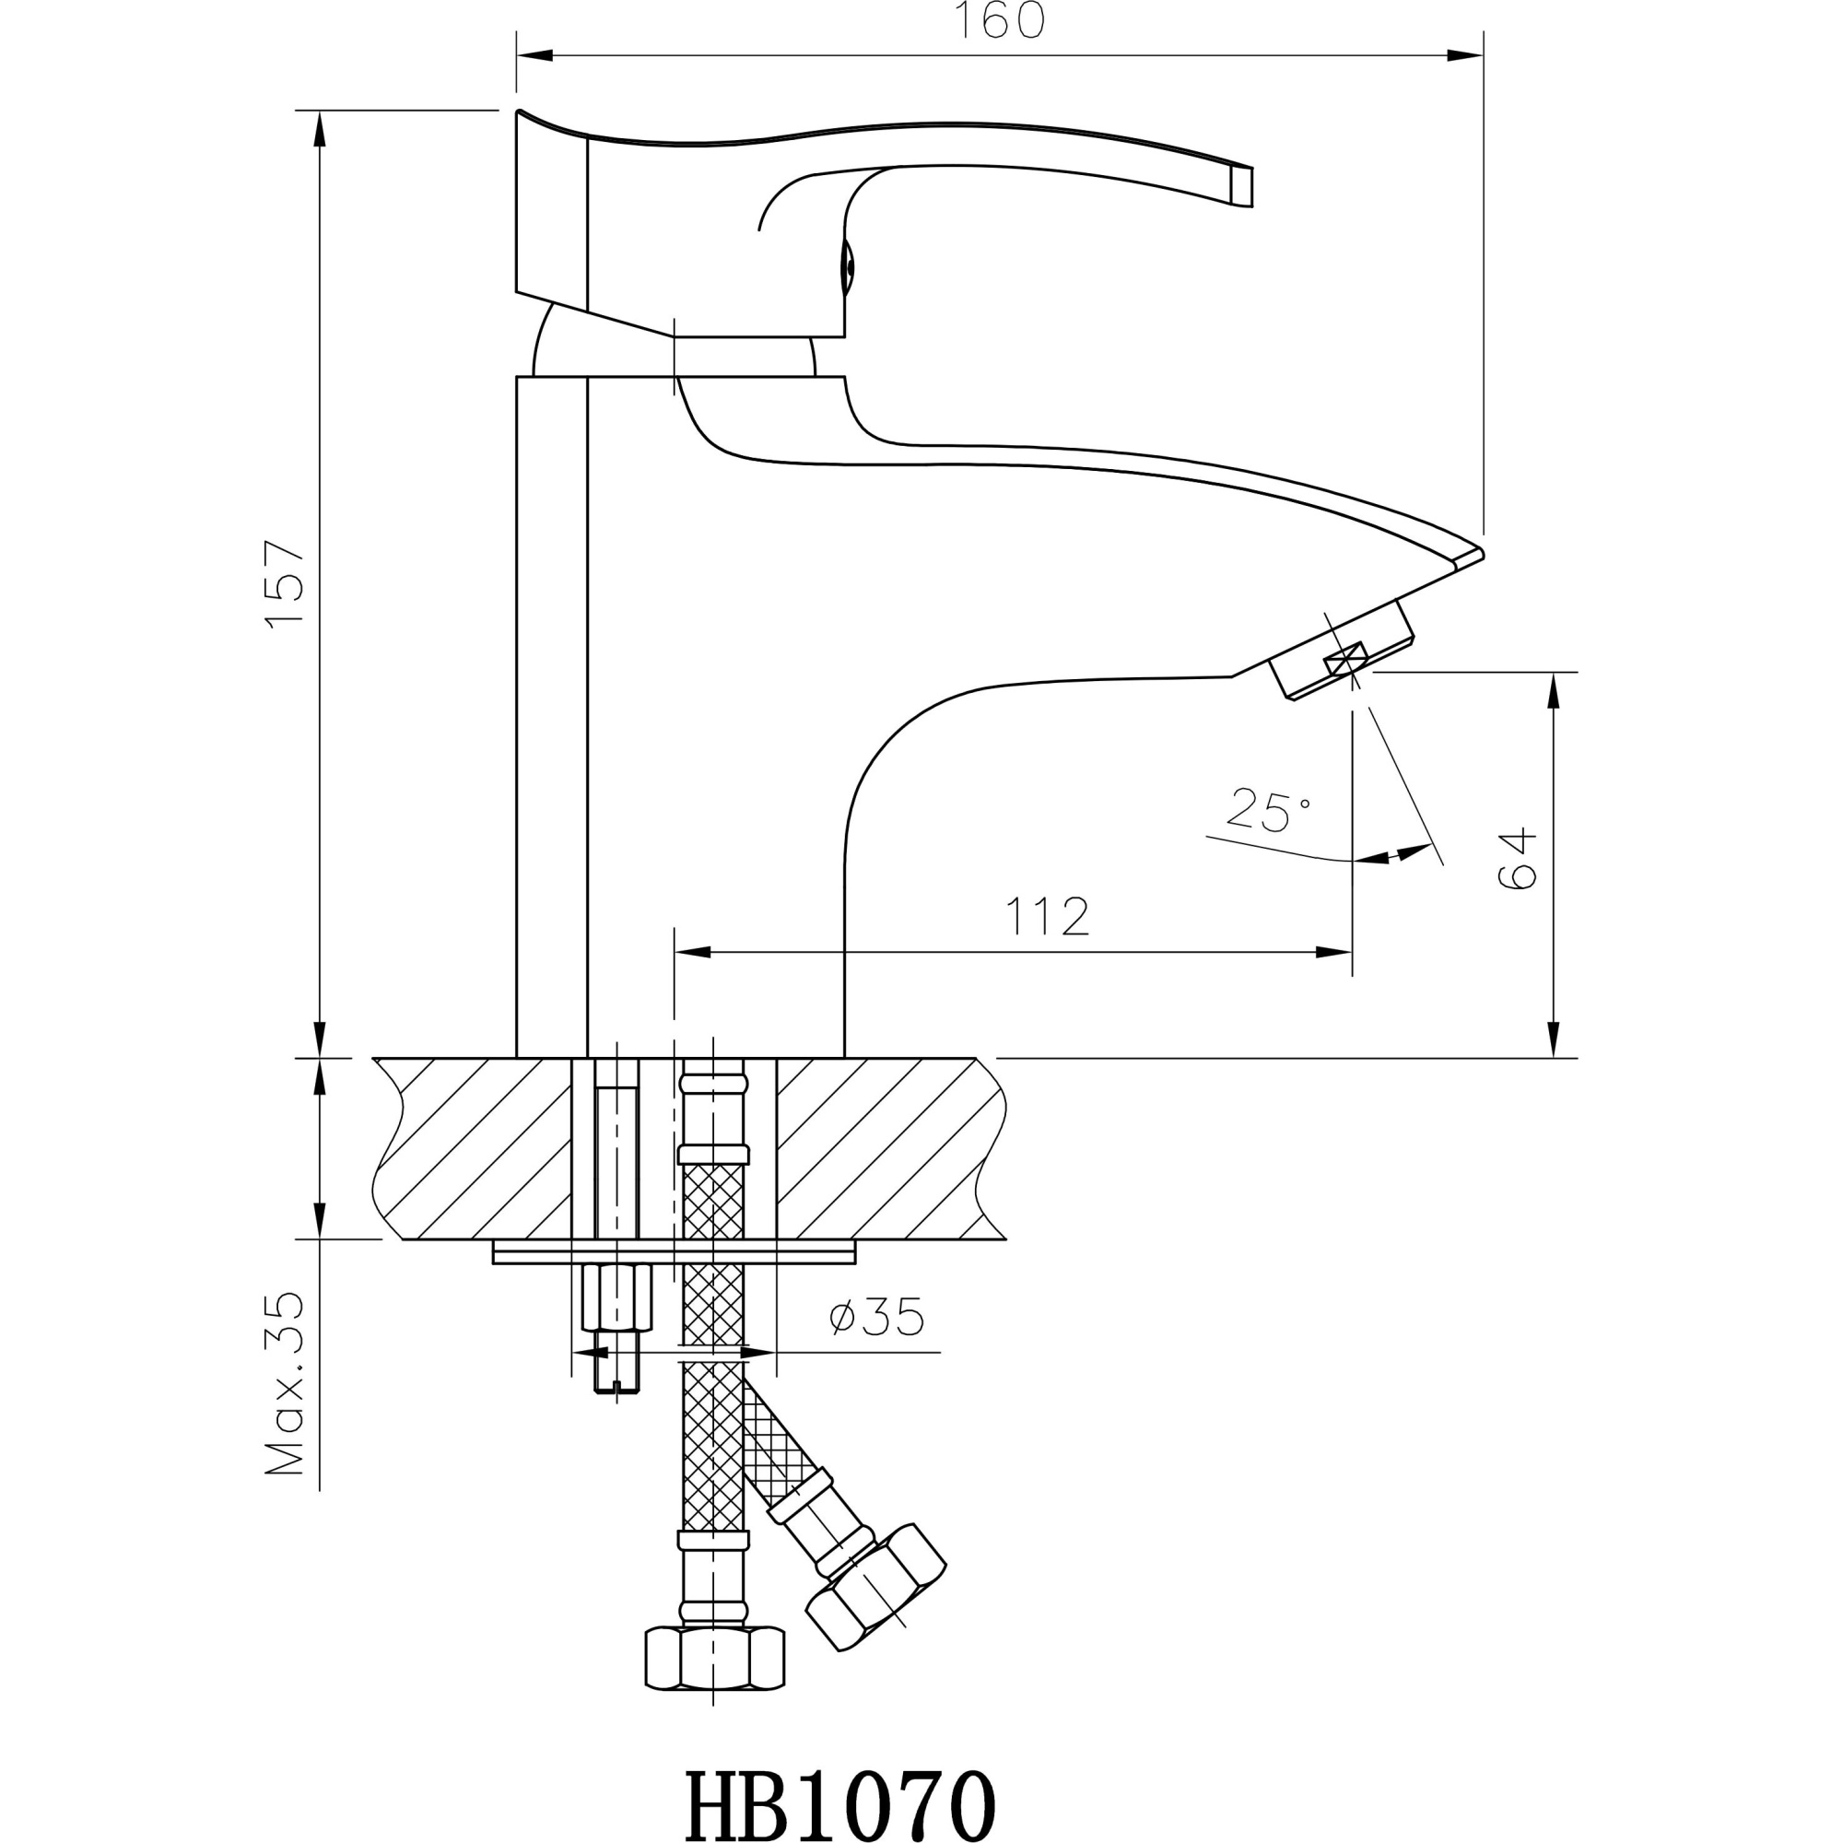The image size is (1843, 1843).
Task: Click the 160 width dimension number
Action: [x=999, y=22]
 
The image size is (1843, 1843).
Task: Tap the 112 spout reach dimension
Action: [x=1047, y=917]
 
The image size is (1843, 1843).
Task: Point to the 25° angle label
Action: [x=1268, y=810]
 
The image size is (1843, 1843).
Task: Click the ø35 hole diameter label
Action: [x=876, y=1319]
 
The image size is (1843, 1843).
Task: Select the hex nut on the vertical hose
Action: [x=714, y=1660]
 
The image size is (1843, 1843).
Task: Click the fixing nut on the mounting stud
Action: [x=616, y=1297]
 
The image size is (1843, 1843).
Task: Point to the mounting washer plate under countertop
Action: [x=674, y=1252]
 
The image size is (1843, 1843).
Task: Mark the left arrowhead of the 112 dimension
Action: [x=693, y=951]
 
